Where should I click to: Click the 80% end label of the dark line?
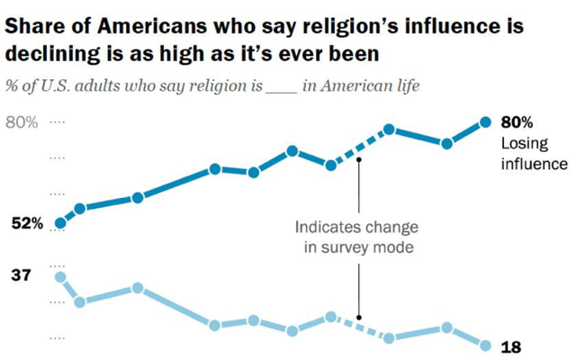point(517,123)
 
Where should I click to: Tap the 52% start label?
point(27,224)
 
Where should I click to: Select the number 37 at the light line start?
point(20,275)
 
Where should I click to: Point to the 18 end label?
point(510,346)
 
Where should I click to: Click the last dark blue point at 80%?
point(485,122)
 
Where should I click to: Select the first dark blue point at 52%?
point(60,223)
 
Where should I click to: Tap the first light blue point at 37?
point(60,277)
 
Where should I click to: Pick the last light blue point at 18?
point(485,346)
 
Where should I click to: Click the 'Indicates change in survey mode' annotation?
point(358,237)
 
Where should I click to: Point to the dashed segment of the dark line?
point(360,148)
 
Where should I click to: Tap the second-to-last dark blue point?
point(446,143)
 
